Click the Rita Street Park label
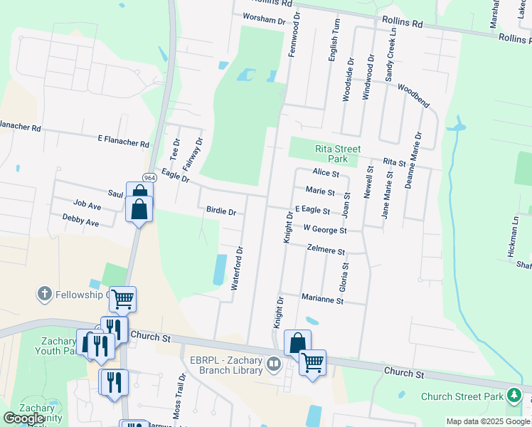tap(338, 154)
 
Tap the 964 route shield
tap(149, 177)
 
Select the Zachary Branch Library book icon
tap(275, 364)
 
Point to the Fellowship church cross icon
tap(44, 293)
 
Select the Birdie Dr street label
tap(220, 212)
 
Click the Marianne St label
tap(322, 300)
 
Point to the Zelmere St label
tap(326, 251)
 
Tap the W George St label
tap(324, 230)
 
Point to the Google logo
tap(24, 418)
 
